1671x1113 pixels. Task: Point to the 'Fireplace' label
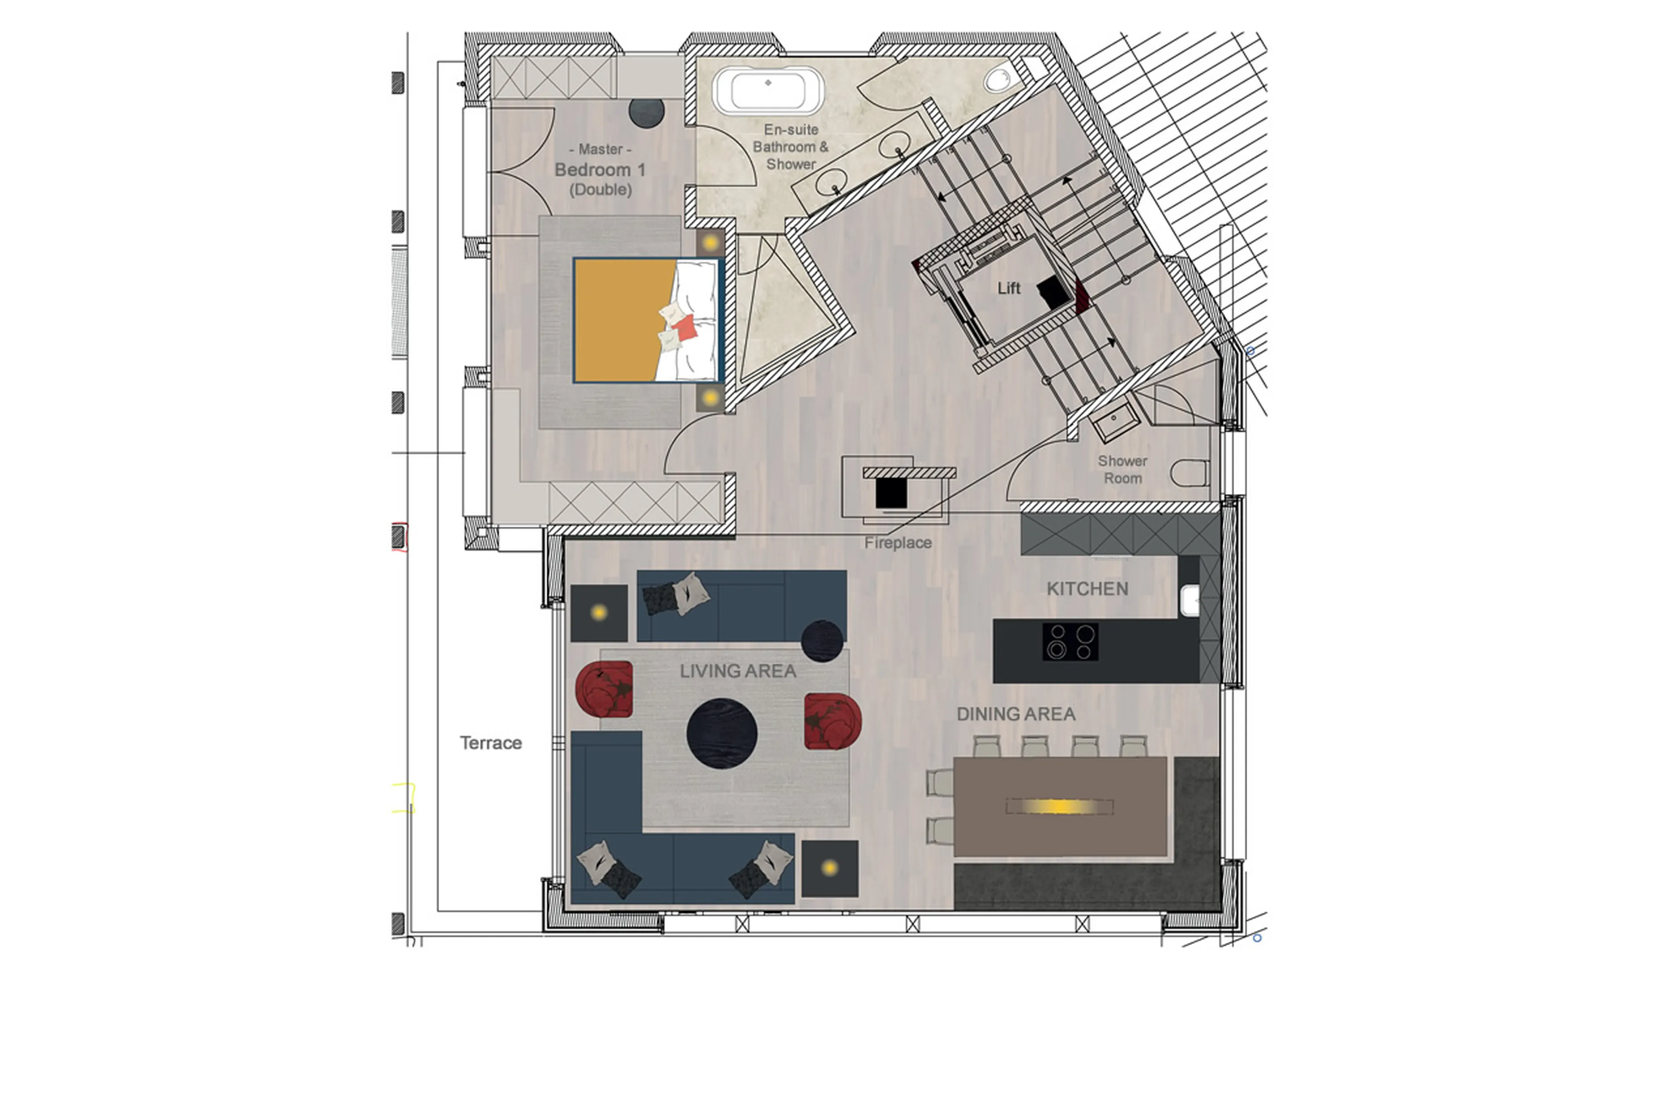(x=898, y=543)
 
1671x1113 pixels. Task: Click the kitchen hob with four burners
(x=1070, y=642)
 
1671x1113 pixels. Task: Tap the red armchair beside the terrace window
(x=604, y=689)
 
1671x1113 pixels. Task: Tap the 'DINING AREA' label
(x=1016, y=714)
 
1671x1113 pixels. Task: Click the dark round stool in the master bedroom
(x=646, y=112)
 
